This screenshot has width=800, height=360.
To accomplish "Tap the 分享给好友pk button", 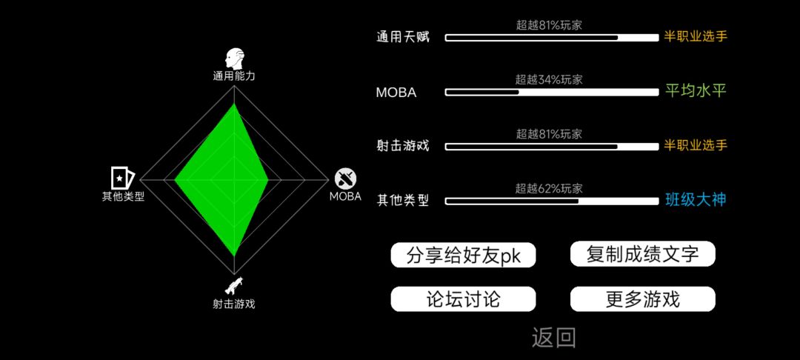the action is pos(463,255).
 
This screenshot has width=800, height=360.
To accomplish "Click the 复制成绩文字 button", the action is pos(642,254).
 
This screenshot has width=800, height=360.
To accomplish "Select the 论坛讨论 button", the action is pos(463,299).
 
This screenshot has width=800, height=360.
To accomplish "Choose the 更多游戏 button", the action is pos(642,299).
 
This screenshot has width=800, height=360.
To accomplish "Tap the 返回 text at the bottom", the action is pos(554,338).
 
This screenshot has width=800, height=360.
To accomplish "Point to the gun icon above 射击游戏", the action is pos(233,287).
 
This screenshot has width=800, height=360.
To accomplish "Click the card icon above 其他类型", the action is pos(123,178).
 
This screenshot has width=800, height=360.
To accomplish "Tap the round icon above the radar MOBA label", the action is pos(345,179).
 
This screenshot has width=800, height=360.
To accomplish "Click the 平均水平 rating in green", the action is pos(696,91).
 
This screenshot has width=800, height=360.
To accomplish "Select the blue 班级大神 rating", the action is pos(696,200).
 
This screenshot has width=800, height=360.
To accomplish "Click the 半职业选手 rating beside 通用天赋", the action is pos(696,37).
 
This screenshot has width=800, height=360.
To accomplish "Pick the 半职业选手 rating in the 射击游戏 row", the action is pos(696,145).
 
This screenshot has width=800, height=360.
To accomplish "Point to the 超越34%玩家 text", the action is pos(549,79).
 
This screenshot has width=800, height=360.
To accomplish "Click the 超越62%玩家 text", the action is pos(549,189).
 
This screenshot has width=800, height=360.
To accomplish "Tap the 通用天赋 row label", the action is pos(403,37).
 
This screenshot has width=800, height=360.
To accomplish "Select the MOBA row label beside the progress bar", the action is pos(396,93).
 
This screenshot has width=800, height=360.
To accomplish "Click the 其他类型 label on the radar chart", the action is pos(123,197).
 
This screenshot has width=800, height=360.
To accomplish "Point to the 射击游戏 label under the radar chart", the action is pos(233,304).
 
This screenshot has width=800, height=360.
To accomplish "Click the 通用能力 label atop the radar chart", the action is pos(233,76).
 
